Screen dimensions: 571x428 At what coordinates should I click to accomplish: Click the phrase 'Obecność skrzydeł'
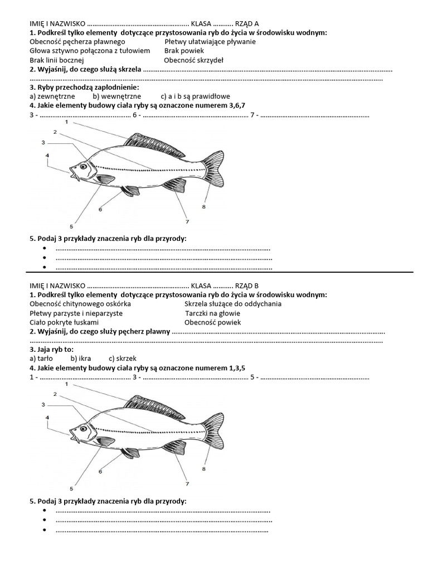click(x=193, y=60)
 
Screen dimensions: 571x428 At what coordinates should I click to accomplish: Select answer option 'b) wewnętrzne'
click(x=116, y=96)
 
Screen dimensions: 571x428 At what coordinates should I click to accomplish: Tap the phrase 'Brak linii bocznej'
click(x=57, y=60)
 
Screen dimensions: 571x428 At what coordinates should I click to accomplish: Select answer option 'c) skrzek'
click(x=123, y=359)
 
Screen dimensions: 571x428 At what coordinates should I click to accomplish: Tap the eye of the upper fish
click(x=83, y=166)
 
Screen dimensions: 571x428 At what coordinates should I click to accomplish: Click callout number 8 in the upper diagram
click(x=204, y=207)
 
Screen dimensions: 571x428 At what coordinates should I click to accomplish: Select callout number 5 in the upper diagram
click(x=71, y=226)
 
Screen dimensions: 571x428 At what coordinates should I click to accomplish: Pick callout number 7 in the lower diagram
click(x=187, y=483)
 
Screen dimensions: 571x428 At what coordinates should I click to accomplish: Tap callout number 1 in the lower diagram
click(x=67, y=384)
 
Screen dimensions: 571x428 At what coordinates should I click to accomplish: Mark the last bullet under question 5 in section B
click(x=45, y=530)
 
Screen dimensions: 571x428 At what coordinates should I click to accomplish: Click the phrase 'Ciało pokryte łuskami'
click(x=64, y=322)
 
